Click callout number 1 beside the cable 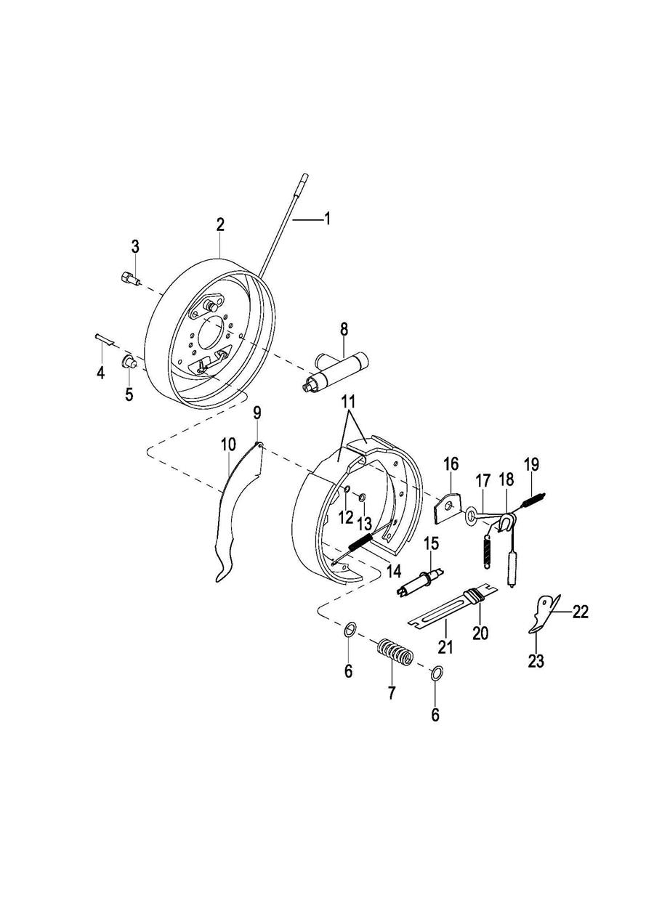(327, 218)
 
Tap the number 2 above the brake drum (220, 224)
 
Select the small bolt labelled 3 (128, 278)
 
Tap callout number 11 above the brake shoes (350, 401)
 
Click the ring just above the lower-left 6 (349, 628)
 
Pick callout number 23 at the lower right (536, 661)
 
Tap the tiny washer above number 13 (361, 498)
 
